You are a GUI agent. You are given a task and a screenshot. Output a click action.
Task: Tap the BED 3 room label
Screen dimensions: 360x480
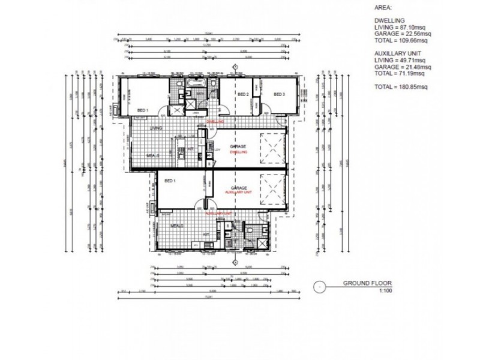coord(279,95)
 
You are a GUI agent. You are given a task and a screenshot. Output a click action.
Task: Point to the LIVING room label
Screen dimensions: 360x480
coord(157,128)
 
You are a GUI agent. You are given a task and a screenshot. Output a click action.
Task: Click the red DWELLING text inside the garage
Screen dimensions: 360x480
coord(238,152)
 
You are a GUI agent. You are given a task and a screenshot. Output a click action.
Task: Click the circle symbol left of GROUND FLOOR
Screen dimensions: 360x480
coord(321,286)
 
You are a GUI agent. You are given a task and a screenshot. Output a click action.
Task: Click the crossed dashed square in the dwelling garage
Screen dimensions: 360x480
coord(271,148)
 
